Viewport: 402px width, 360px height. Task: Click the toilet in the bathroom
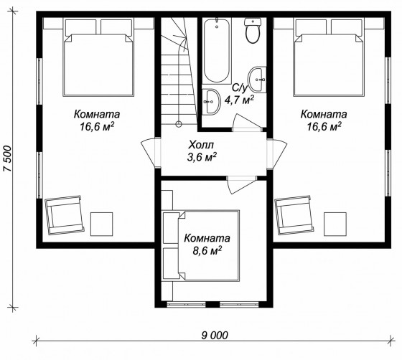253,30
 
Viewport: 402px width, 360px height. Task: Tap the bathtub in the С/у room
217,50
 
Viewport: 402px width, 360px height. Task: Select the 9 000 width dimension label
215,335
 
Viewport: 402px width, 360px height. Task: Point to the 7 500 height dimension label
7,158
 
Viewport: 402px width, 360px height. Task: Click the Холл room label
201,145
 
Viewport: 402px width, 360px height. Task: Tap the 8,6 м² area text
207,251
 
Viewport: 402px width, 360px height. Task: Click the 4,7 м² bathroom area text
239,100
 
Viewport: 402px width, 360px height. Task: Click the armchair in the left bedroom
65,215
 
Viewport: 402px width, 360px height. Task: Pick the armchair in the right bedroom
294,215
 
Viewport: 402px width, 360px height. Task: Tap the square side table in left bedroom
101,224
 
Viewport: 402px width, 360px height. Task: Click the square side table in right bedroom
335,224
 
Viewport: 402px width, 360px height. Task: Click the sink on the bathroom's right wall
257,80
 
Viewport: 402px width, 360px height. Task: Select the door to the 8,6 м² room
241,184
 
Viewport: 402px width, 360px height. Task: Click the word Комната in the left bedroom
97,114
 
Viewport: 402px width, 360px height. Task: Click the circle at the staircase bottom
179,124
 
